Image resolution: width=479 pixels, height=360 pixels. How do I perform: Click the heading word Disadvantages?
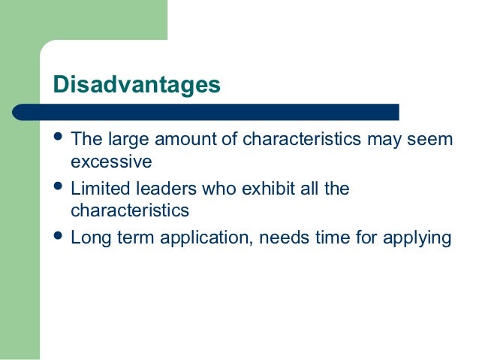point(137,84)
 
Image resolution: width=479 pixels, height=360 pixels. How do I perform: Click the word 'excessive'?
point(111,162)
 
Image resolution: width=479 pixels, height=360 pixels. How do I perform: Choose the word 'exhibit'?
point(264,188)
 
